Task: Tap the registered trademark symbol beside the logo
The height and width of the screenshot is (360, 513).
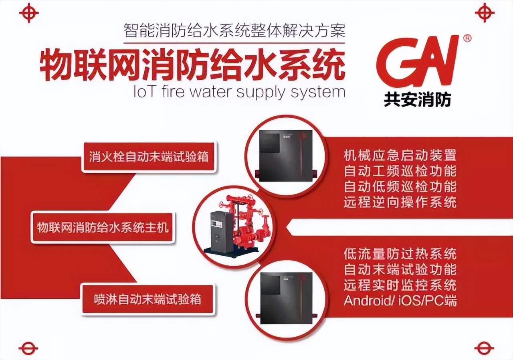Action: tap(467, 38)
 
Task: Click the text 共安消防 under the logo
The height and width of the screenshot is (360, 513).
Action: tap(417, 100)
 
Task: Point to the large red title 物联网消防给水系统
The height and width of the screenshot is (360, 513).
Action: tap(192, 65)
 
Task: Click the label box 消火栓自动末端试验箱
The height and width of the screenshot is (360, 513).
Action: tap(149, 157)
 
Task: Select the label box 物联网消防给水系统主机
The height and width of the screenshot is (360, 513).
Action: tap(103, 228)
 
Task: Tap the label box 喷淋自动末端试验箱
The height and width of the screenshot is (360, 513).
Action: tap(147, 299)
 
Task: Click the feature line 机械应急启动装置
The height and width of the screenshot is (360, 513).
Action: tap(400, 155)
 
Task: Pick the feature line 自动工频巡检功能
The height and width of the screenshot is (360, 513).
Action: tap(400, 171)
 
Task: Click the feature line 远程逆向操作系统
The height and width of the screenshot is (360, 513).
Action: tap(400, 202)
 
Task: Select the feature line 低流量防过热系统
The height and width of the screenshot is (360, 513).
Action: tap(400, 254)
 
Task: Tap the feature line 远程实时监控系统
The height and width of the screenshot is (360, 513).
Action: tap(400, 285)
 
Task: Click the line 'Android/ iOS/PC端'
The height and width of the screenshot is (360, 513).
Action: tap(400, 301)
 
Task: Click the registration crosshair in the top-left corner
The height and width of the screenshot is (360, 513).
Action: tap(29, 12)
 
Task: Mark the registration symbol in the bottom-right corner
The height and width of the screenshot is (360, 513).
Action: tap(484, 347)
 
